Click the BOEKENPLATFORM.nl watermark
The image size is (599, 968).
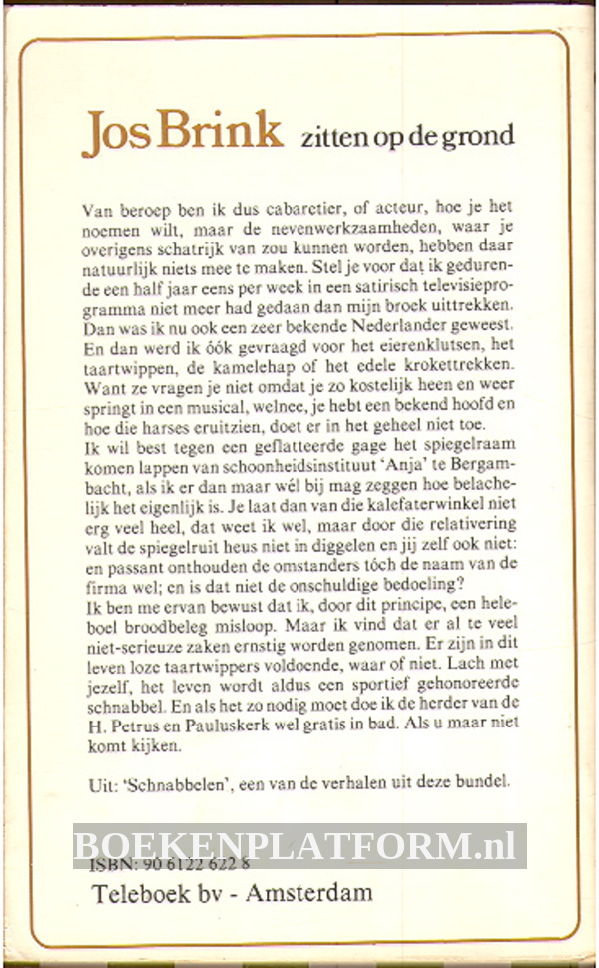[299, 846]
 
